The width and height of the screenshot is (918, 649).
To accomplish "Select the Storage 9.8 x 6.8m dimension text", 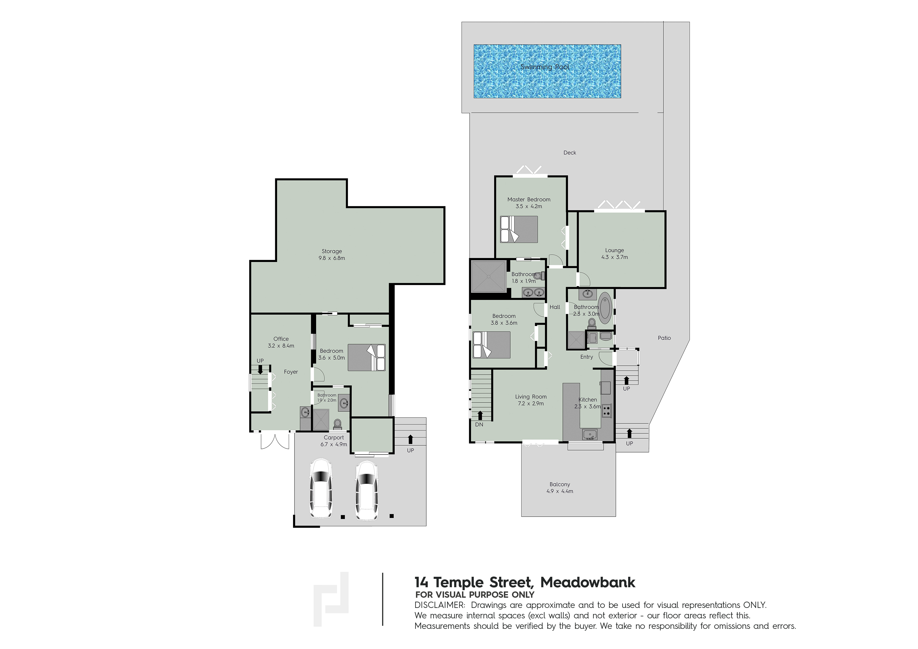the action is (331, 258).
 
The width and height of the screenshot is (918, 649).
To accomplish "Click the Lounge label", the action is (615, 250).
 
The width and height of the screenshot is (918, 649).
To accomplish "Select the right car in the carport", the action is (367, 491).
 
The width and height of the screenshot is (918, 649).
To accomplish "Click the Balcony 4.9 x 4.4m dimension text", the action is (560, 491).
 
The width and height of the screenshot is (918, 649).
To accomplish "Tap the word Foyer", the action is (291, 372).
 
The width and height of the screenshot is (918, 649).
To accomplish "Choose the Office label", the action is (281, 339).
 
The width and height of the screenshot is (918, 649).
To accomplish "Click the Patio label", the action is (664, 338).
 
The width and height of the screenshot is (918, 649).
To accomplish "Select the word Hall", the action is (555, 307).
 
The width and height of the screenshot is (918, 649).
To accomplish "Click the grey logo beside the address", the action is (331, 599).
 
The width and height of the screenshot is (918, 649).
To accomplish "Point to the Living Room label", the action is (531, 397).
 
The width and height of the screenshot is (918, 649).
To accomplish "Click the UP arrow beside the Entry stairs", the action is (626, 380).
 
